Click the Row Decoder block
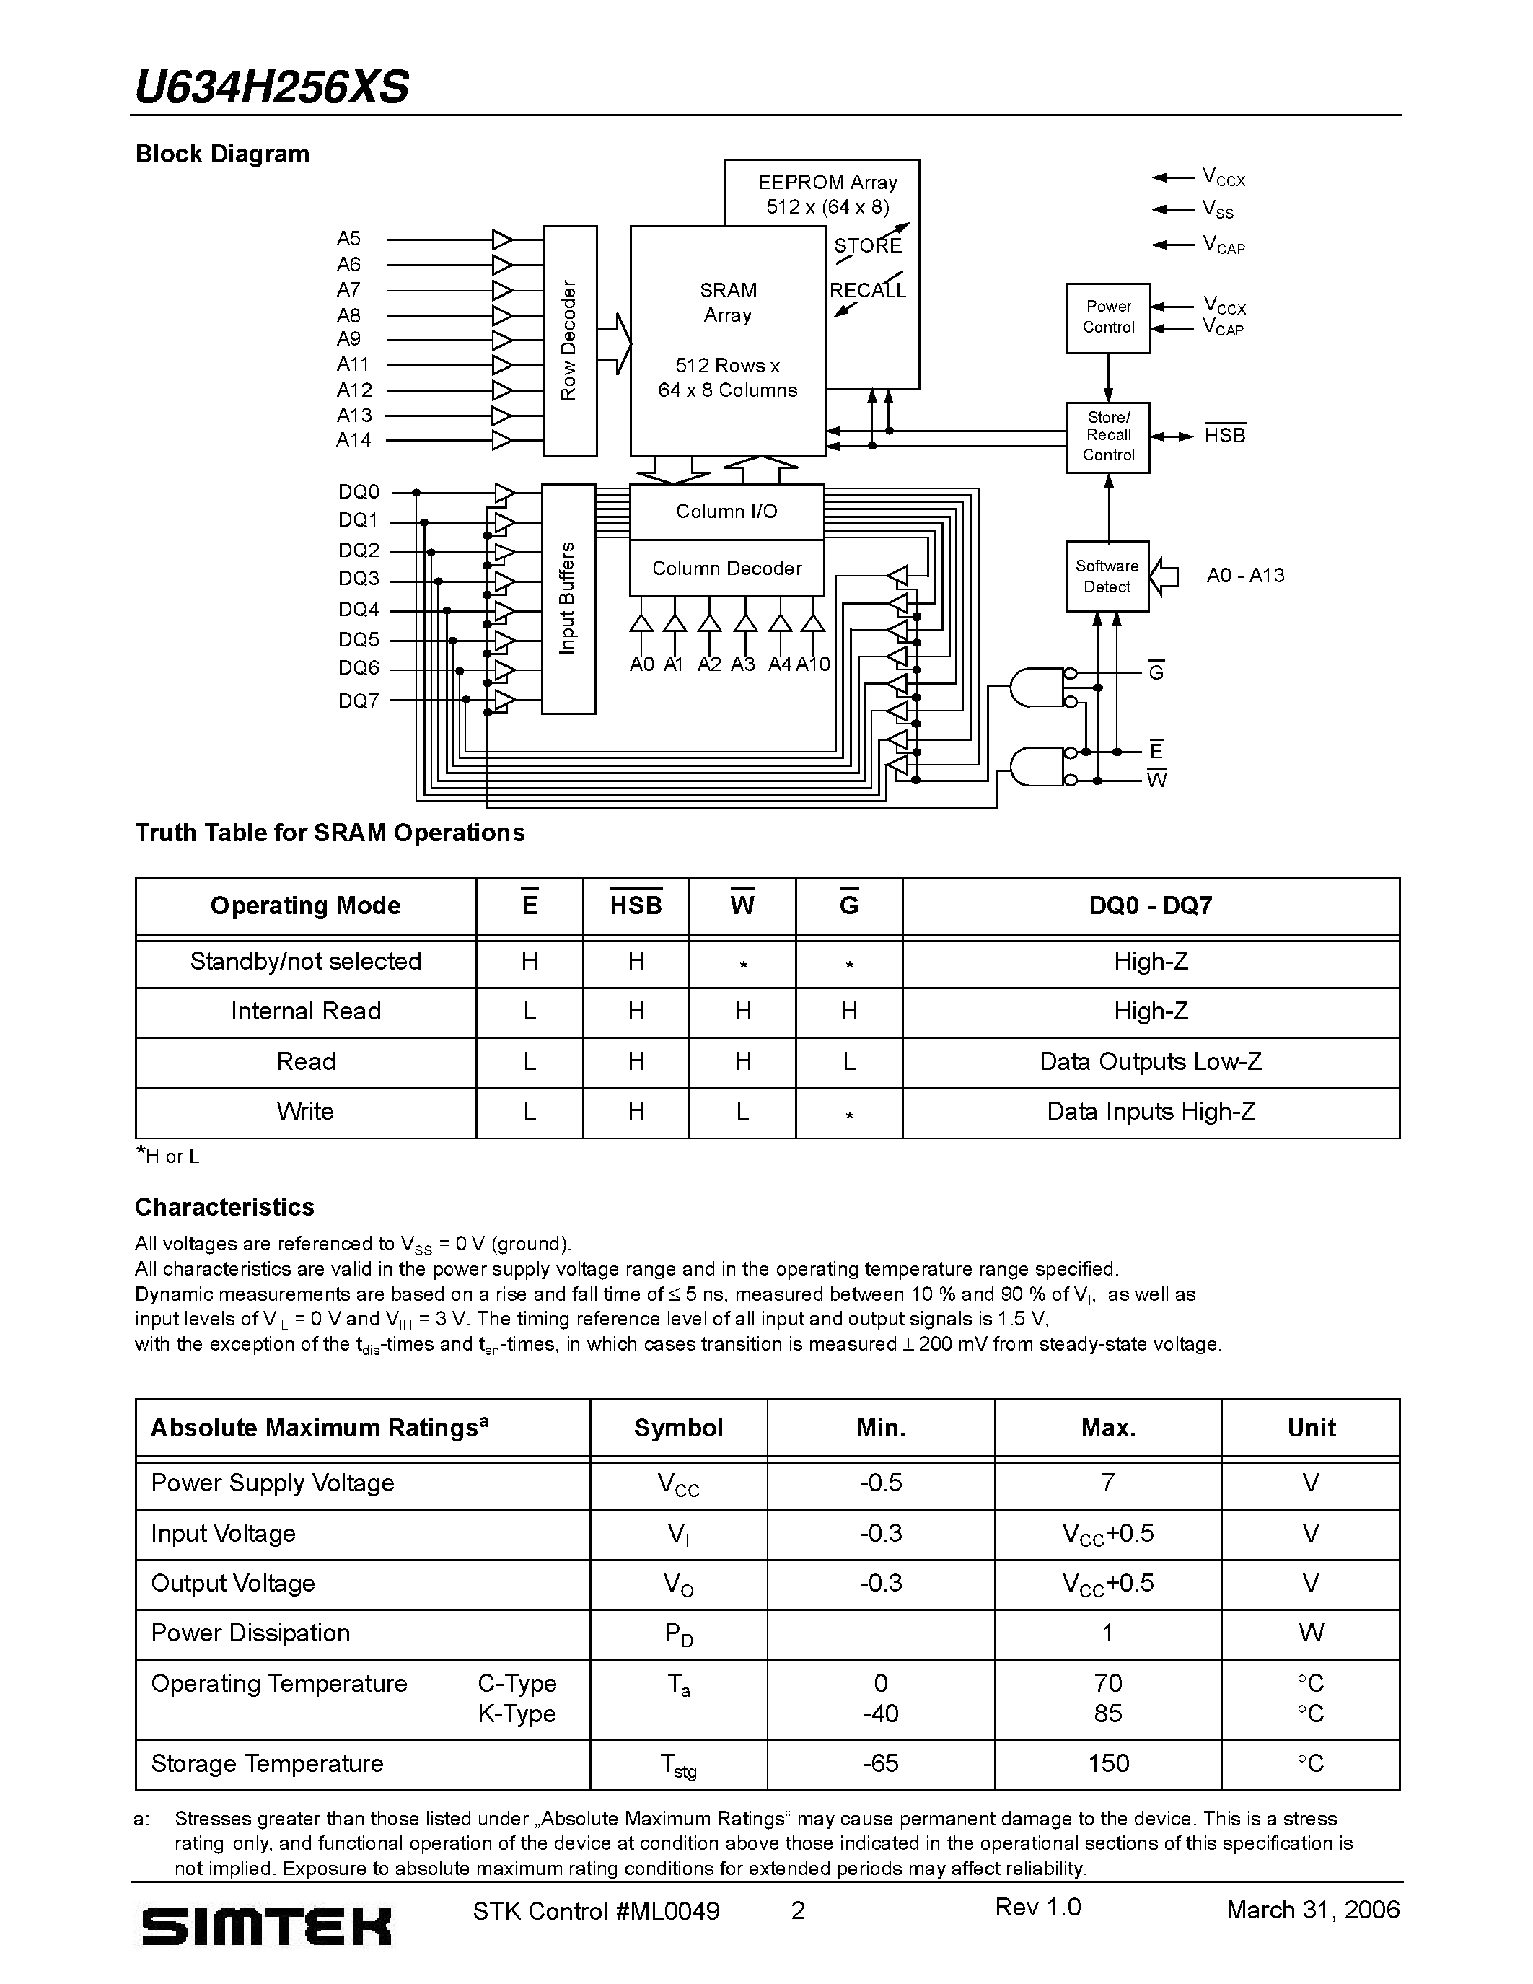click(569, 341)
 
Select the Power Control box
click(1108, 317)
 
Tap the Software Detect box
click(1107, 576)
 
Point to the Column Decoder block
click(726, 569)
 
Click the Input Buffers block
click(568, 598)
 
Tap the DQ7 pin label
click(358, 701)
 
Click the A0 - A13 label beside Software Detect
click(1245, 575)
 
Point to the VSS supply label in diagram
click(1218, 210)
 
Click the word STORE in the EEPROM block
click(868, 245)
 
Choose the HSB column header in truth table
click(636, 905)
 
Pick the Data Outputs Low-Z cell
click(1151, 1062)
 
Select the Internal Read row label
click(305, 1011)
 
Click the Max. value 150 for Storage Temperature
click(1108, 1763)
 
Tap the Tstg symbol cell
click(678, 1765)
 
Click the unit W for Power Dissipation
click(1311, 1633)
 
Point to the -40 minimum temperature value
click(880, 1713)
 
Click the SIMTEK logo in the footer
click(266, 1926)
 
